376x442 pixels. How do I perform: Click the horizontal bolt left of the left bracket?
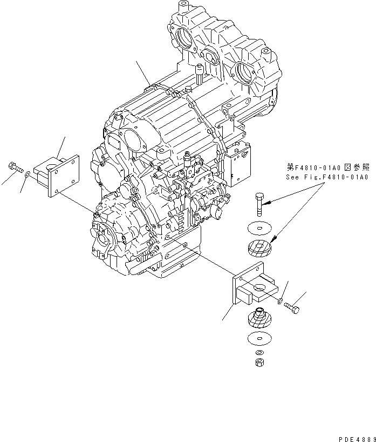15,168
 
